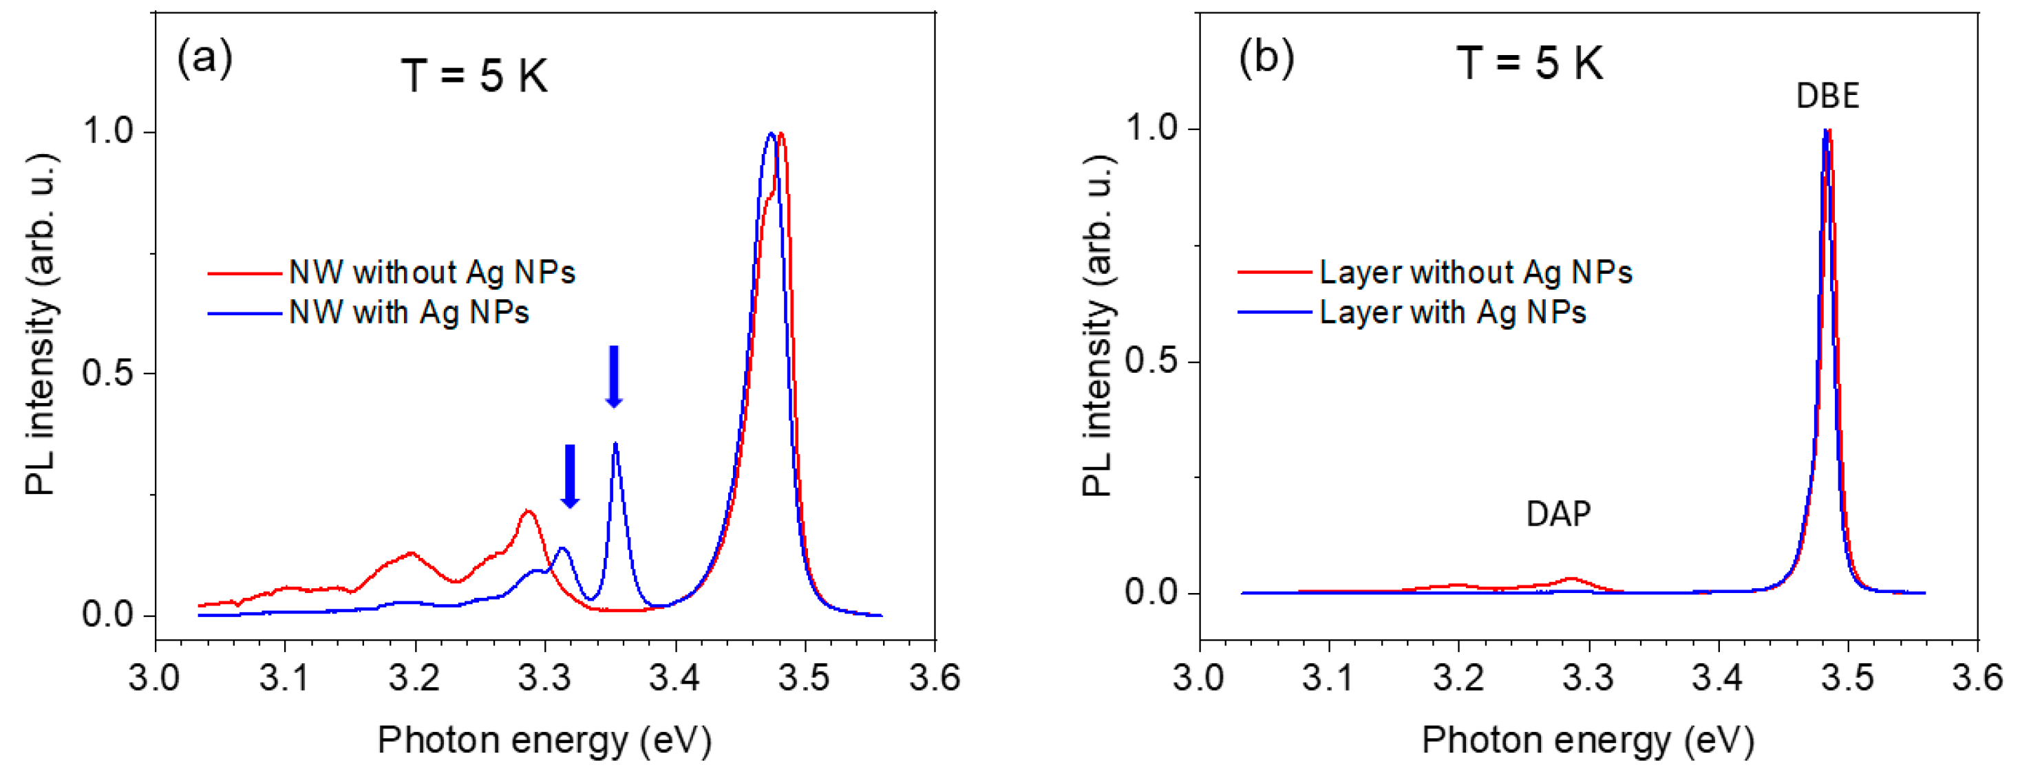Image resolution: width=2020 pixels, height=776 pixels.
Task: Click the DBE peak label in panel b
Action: click(1827, 96)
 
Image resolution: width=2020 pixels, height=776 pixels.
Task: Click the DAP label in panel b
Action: click(1558, 514)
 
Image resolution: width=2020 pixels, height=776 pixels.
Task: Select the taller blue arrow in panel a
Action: click(614, 377)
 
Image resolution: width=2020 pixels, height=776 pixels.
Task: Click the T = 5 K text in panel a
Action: click(474, 76)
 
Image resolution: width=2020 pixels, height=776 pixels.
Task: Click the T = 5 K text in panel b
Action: click(1530, 63)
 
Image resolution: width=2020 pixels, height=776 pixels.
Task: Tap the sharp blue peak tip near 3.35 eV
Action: click(615, 444)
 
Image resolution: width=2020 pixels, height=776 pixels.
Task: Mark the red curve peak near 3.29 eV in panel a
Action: click(528, 512)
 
